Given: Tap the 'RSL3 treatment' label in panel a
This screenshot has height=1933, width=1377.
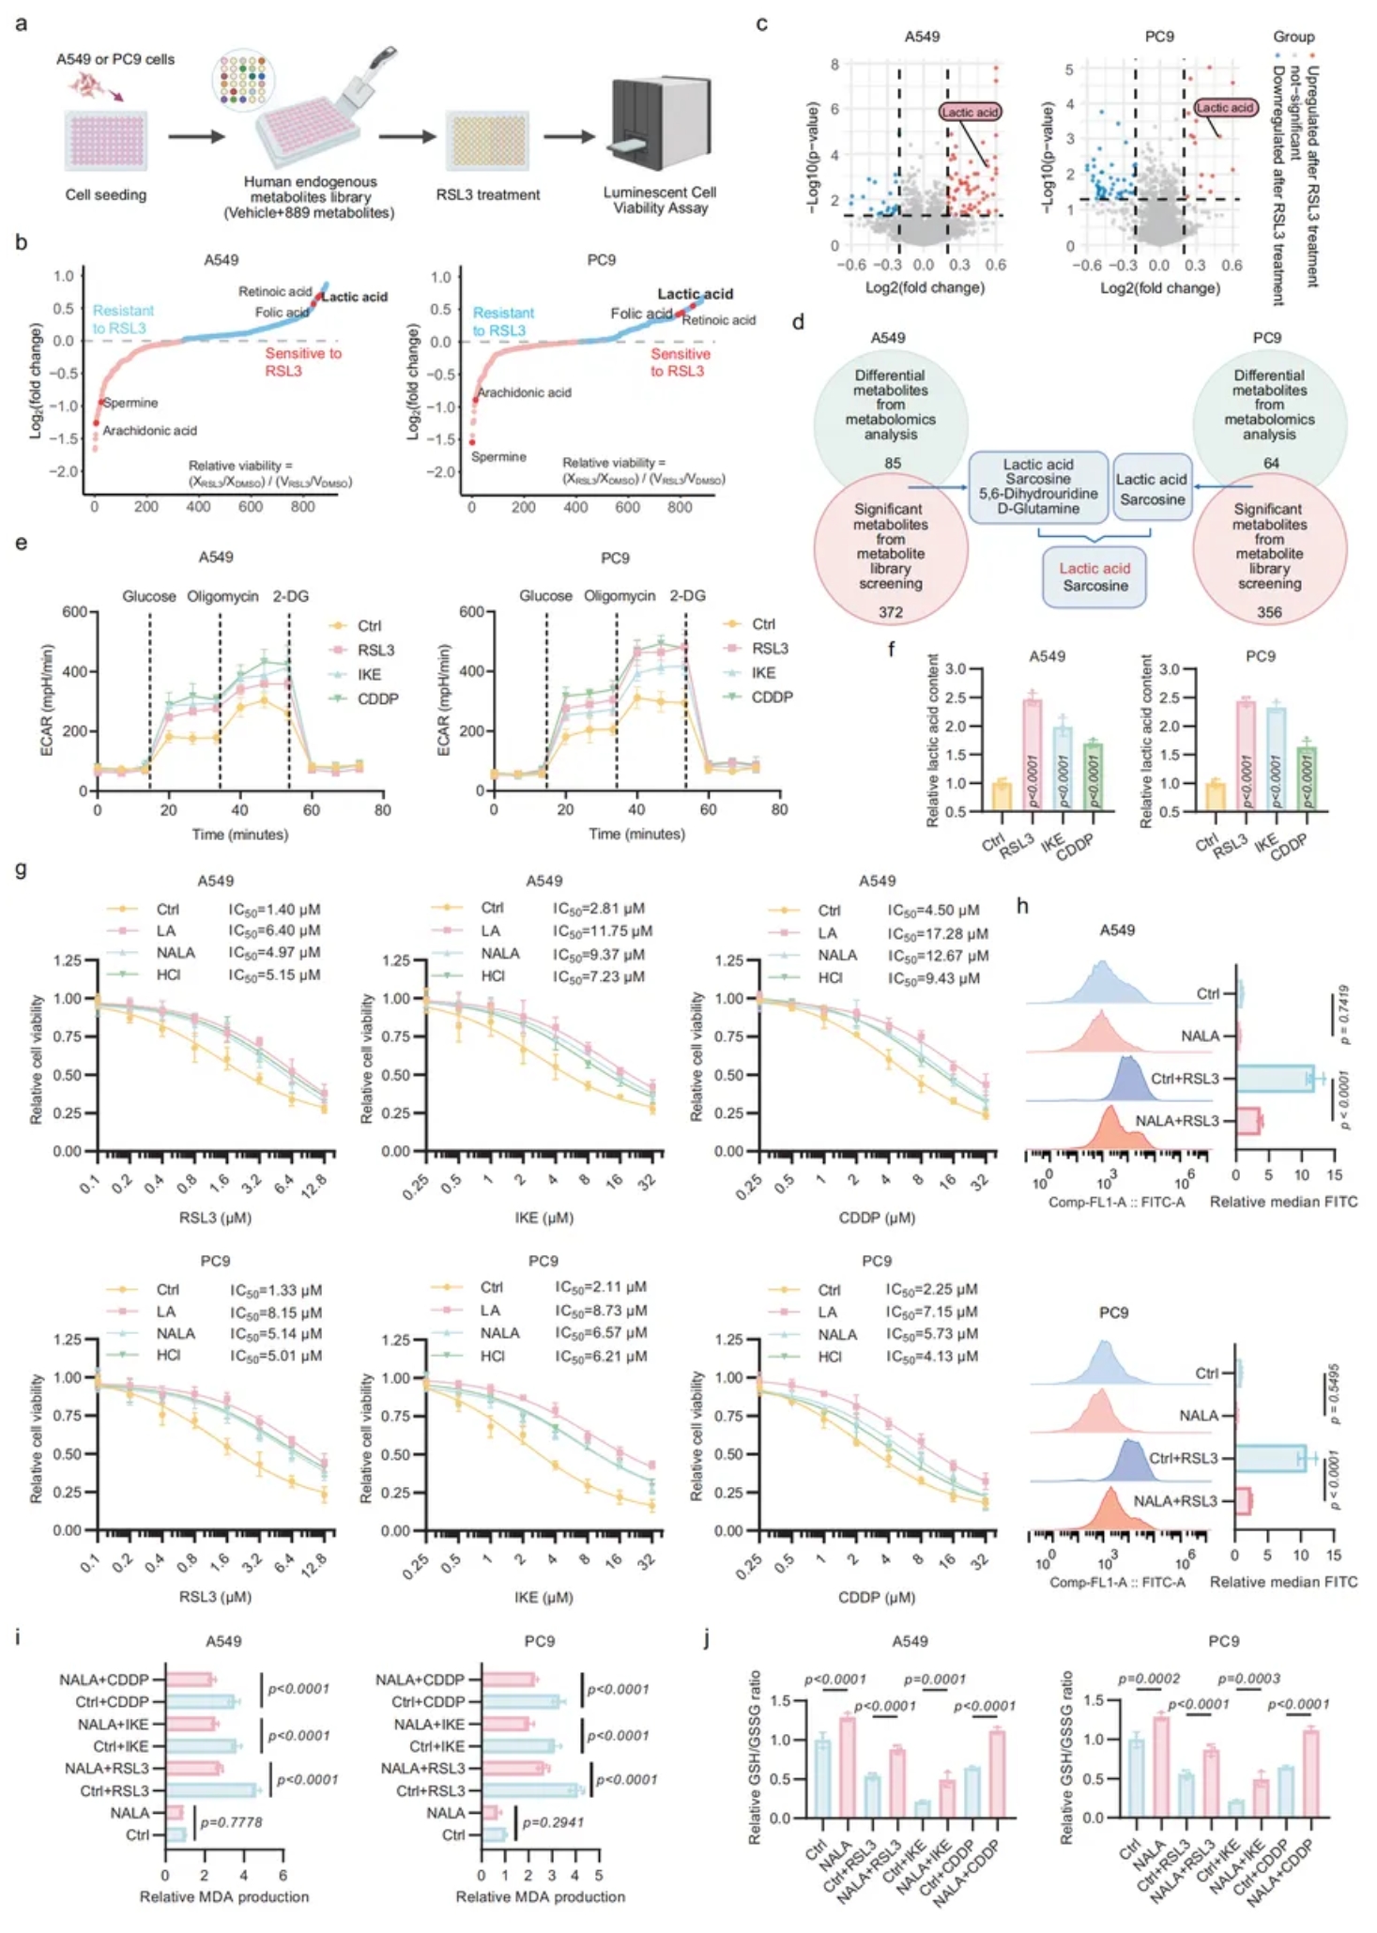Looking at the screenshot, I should point(487,195).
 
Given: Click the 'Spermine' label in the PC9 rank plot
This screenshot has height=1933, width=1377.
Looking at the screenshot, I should point(497,457).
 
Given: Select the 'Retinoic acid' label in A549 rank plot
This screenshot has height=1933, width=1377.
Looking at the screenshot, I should point(274,292).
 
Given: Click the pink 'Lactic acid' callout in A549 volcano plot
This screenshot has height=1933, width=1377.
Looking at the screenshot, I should point(970,113).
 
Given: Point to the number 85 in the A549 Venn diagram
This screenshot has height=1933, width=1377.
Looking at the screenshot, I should point(892,463).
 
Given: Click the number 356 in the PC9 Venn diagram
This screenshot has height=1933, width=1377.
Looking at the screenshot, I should point(1269,612).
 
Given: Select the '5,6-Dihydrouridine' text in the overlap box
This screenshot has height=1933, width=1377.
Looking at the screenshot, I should point(1037,494).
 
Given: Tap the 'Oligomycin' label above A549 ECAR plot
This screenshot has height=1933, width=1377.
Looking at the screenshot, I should point(222,596).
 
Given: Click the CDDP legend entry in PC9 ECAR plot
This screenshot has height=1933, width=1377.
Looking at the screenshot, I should point(771,698).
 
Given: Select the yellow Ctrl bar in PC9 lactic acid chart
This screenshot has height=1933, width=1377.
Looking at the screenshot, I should point(1216,796).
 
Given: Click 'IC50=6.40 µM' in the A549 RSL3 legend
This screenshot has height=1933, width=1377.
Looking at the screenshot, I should point(274,930).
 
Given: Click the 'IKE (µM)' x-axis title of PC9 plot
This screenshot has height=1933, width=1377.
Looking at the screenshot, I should point(543,1597).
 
